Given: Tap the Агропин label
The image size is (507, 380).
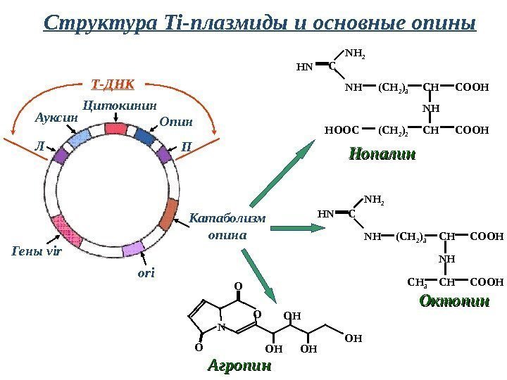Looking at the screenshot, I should pyautogui.click(x=239, y=367).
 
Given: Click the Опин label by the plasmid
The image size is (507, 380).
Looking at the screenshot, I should pyautogui.click(x=175, y=122).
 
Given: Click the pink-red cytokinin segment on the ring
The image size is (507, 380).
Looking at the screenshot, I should pyautogui.click(x=115, y=129).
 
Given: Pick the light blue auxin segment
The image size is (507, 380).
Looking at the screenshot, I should pyautogui.click(x=80, y=137).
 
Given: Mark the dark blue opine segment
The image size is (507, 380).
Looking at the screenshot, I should pyautogui.click(x=146, y=136).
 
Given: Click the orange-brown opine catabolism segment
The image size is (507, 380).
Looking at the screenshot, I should pyautogui.click(x=169, y=214).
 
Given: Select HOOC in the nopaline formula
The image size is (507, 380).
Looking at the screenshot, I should pyautogui.click(x=342, y=129).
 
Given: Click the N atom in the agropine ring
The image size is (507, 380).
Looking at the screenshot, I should pyautogui.click(x=221, y=327).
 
